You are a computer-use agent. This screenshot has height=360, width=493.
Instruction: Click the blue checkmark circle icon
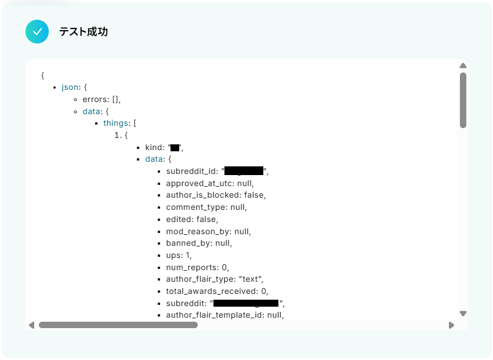[x=37, y=32]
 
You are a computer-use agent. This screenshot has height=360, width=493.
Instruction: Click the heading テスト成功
[x=84, y=32]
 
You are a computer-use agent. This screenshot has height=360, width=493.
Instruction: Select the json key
[x=70, y=87]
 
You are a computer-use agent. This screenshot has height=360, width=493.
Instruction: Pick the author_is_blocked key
[x=202, y=195]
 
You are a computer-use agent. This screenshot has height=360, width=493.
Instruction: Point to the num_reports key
[x=191, y=267]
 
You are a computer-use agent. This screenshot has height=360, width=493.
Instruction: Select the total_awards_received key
[x=211, y=291]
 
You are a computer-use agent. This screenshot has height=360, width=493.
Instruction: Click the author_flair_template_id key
[x=215, y=315]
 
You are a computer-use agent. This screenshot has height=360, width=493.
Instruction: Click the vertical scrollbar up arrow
[x=463, y=66]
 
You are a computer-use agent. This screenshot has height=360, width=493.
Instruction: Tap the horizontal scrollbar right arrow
[x=451, y=325]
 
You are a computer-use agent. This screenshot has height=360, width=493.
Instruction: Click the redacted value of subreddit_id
[x=244, y=171]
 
